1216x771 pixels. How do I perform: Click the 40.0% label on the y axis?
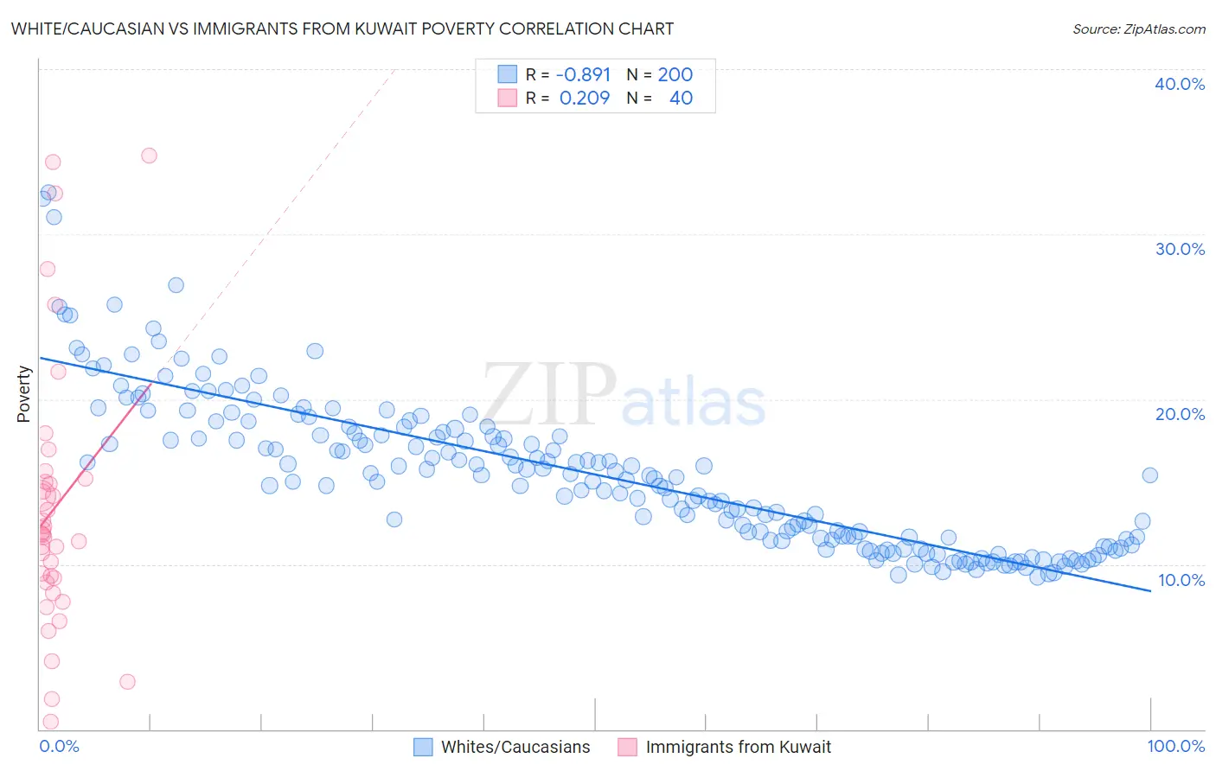click(x=1180, y=84)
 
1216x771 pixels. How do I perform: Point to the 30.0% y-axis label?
click(x=1180, y=249)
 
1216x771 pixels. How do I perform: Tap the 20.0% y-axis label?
click(x=1180, y=414)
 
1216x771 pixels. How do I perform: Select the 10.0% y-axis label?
click(x=1181, y=580)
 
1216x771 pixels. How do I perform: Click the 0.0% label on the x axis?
click(x=59, y=746)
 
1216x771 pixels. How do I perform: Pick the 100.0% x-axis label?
click(x=1175, y=746)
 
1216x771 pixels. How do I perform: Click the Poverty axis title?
click(x=23, y=394)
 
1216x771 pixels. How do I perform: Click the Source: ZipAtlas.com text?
click(x=1138, y=29)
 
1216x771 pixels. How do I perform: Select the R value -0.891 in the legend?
click(x=583, y=74)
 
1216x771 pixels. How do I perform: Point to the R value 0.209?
click(x=585, y=98)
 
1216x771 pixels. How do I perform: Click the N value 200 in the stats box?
click(x=675, y=74)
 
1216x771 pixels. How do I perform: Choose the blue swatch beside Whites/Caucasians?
click(x=423, y=747)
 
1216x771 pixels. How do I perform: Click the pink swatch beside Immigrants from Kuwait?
click(x=627, y=747)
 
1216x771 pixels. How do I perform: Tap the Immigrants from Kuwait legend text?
click(x=738, y=747)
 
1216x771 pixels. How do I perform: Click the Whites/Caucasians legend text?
click(x=515, y=747)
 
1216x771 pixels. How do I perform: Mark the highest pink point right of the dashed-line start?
click(x=149, y=156)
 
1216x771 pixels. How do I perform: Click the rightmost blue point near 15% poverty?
click(x=1149, y=475)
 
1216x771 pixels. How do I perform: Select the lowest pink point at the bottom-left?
click(x=50, y=722)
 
